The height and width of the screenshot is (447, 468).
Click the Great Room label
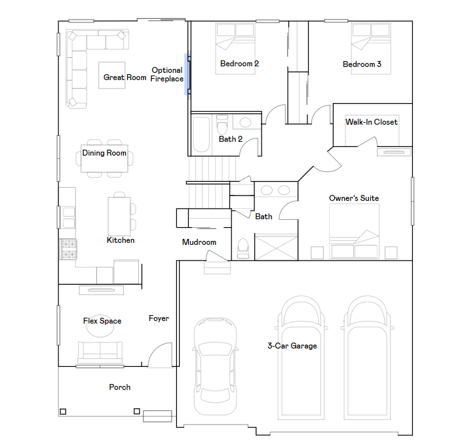(x=125, y=77)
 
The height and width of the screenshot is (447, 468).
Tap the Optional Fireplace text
(x=167, y=74)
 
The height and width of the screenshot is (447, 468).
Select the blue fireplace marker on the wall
(x=187, y=74)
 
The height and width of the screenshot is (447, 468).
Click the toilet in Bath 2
(x=222, y=125)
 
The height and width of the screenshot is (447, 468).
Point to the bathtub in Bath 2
(x=201, y=135)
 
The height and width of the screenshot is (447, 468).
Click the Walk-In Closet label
(x=371, y=122)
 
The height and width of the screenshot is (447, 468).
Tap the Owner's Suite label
(x=354, y=198)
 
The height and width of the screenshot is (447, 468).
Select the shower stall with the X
(x=276, y=247)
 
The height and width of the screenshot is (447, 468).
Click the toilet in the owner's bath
(x=243, y=248)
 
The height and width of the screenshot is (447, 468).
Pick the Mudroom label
(x=199, y=242)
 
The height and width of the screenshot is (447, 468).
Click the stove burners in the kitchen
(x=69, y=249)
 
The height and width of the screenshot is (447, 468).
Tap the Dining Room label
(x=104, y=153)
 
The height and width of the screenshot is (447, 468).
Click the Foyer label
(x=159, y=318)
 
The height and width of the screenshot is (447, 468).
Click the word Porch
(x=120, y=387)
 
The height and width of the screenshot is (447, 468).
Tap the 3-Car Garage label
(x=292, y=346)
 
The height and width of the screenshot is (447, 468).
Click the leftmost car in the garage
(x=215, y=366)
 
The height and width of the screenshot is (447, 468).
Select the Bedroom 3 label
(x=362, y=64)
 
